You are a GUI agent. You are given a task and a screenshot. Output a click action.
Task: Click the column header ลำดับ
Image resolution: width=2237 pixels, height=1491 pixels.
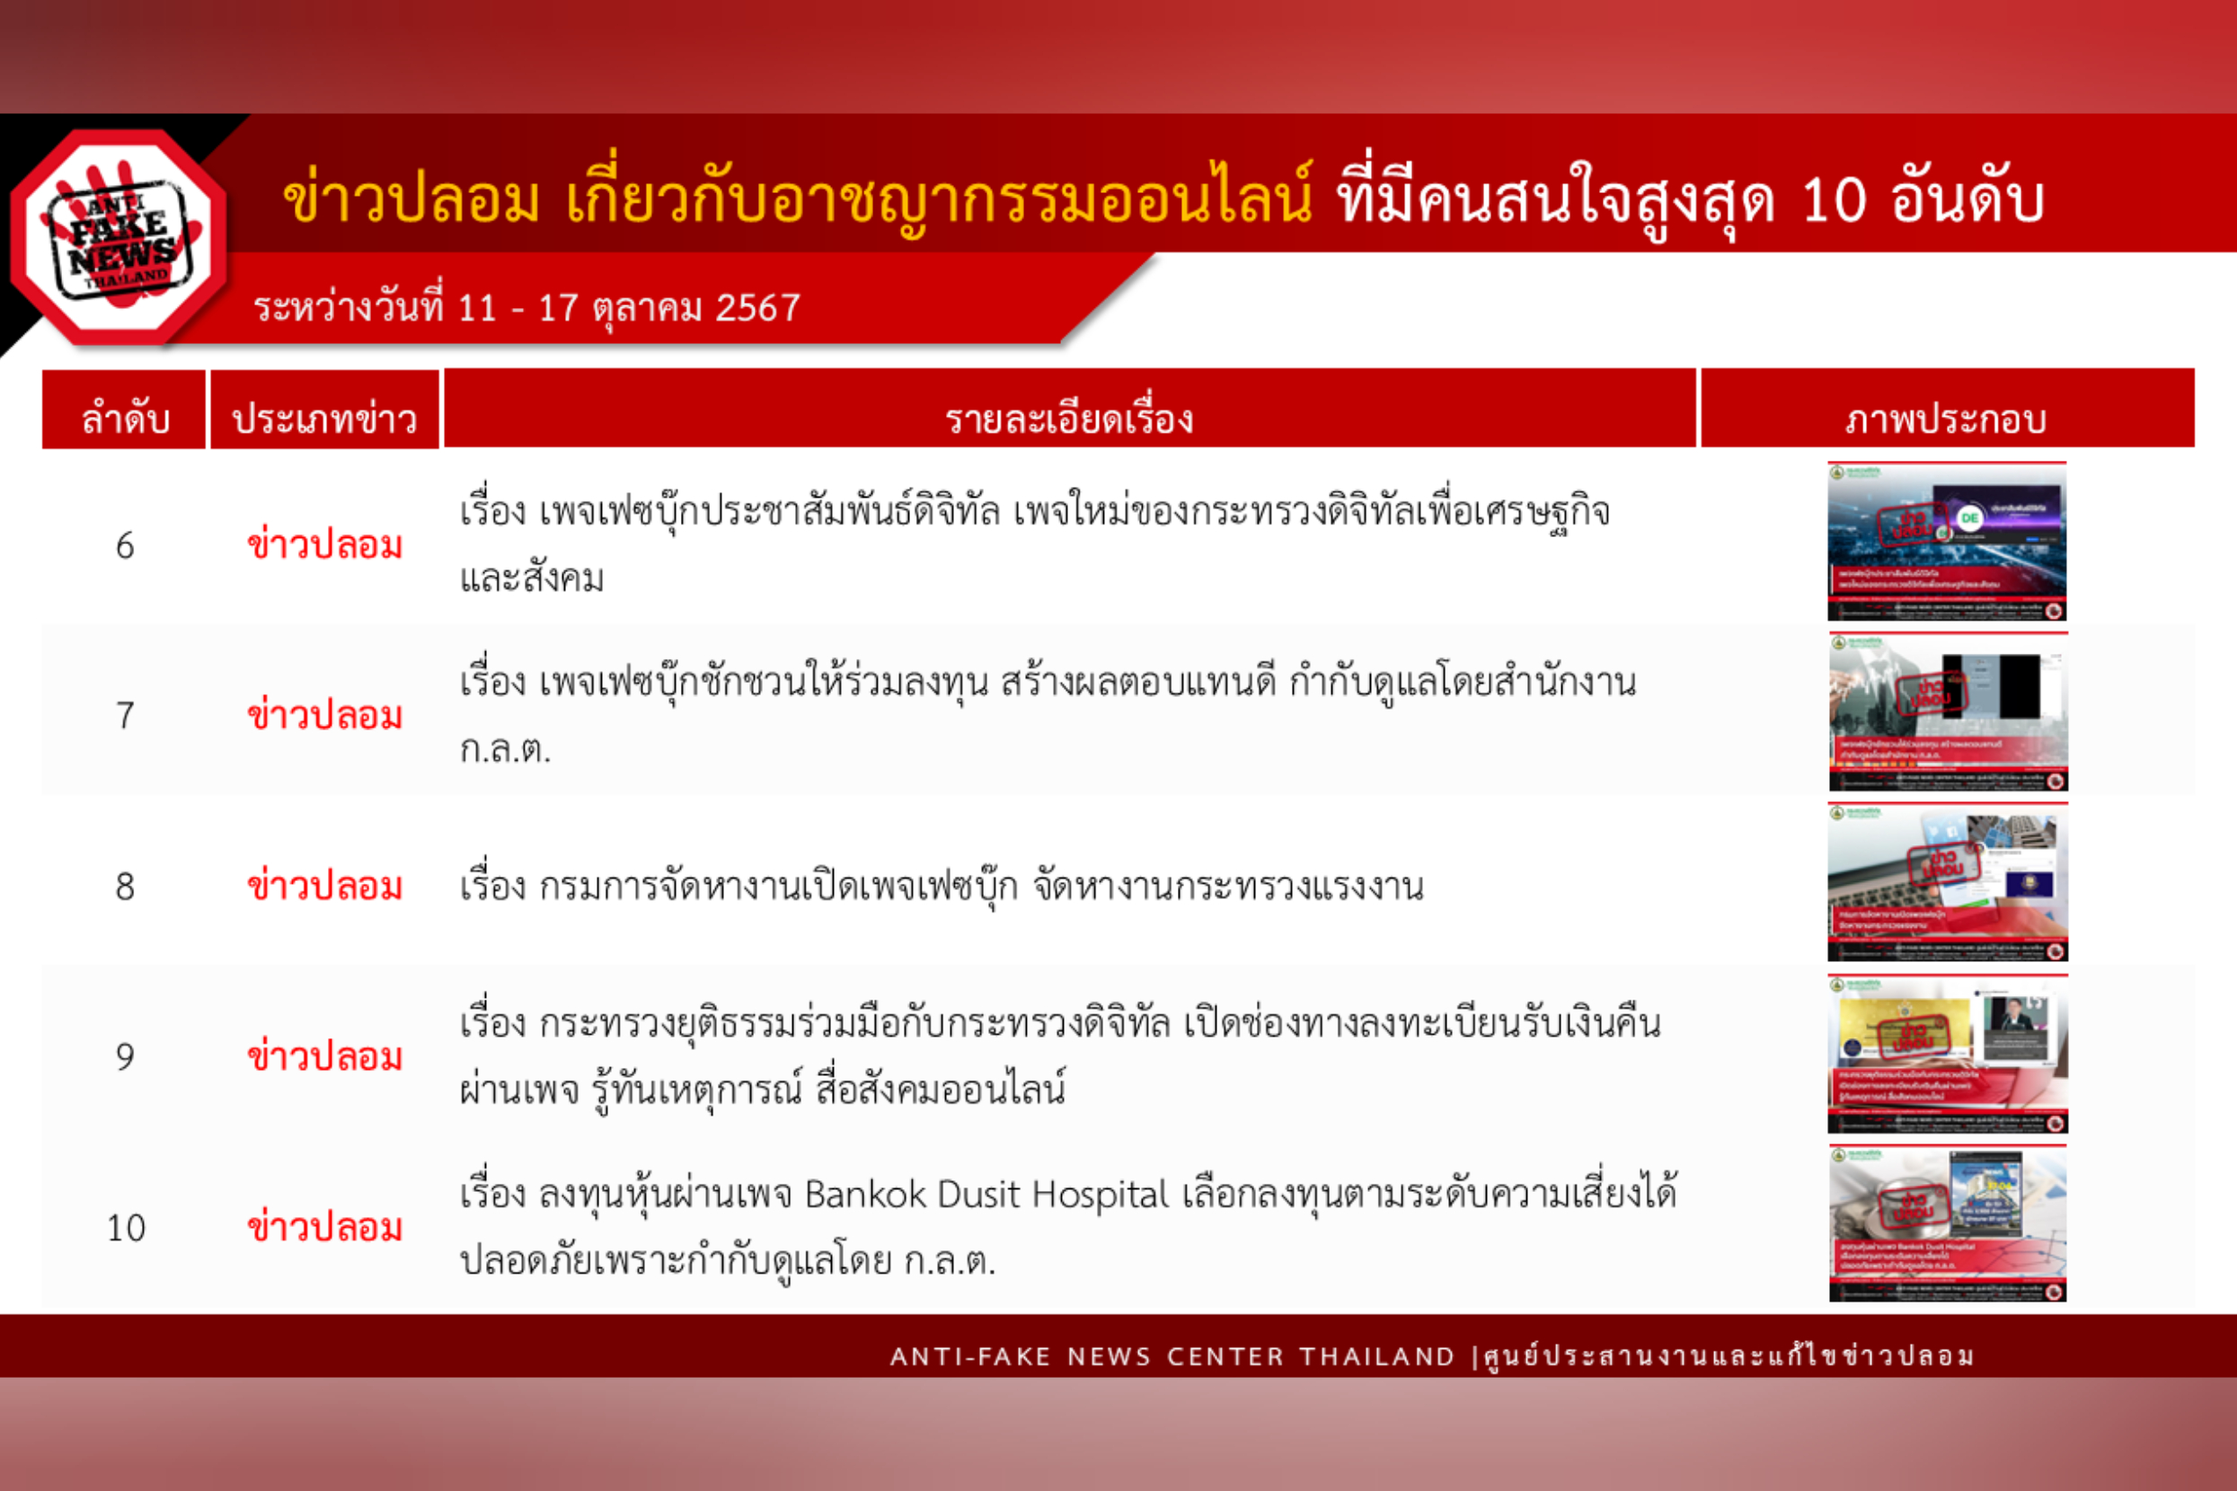[x=125, y=419]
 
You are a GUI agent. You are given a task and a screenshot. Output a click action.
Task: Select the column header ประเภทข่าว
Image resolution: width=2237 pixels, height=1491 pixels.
[x=324, y=419]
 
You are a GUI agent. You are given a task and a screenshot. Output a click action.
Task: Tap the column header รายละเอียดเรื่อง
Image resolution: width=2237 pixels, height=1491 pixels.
[x=1069, y=419]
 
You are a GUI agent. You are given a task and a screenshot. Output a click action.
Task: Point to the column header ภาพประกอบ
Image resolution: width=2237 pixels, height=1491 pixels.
[x=1946, y=419]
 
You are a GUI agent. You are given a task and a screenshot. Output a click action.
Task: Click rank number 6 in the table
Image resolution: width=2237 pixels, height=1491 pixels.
[x=125, y=546]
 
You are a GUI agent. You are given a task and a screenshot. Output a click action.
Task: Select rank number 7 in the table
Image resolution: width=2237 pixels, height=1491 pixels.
[x=125, y=716]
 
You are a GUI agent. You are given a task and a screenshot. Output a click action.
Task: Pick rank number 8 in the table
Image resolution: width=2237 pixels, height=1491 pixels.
[x=125, y=887]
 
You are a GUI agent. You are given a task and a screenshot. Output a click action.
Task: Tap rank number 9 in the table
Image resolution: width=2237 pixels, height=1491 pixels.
[x=125, y=1056]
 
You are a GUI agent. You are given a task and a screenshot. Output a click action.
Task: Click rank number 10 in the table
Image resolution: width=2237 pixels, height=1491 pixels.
[x=126, y=1228]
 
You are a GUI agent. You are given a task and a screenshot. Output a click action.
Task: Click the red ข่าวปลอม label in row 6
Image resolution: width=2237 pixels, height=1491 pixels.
[x=324, y=546]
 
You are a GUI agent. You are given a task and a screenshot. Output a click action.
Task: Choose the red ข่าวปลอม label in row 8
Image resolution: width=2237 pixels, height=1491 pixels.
[x=324, y=887]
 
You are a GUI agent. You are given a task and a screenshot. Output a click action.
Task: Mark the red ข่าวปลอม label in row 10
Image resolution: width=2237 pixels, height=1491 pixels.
[x=324, y=1228]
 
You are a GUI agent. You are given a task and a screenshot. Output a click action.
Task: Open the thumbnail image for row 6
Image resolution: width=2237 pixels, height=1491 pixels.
[x=1946, y=541]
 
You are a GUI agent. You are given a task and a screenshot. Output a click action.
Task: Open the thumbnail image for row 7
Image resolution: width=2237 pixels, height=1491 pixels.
[x=1947, y=711]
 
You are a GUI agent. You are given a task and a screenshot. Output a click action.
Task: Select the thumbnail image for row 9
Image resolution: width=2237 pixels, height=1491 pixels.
[x=1947, y=1054]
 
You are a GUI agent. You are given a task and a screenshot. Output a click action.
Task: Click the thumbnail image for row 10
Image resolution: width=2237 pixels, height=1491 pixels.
[x=1947, y=1224]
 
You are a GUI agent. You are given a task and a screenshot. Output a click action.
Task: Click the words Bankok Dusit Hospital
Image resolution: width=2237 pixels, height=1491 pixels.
[x=986, y=1195]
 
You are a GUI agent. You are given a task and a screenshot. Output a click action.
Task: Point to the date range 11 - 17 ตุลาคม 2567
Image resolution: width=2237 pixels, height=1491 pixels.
[x=629, y=308]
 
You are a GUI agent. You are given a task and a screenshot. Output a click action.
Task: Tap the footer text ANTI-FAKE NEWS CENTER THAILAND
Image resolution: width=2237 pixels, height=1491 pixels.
[x=1172, y=1356]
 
